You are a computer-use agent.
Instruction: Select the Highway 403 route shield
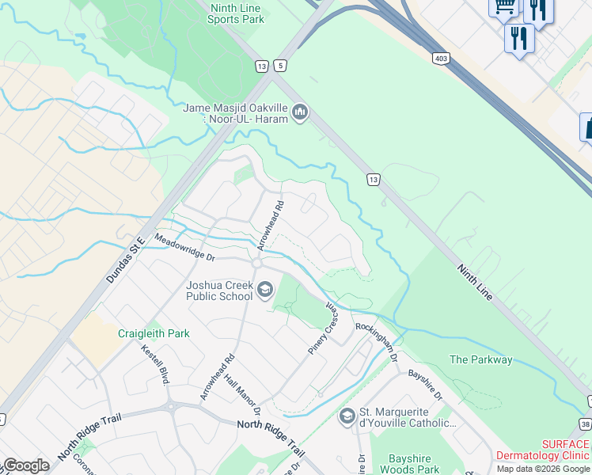coord(441,58)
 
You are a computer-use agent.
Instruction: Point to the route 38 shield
coord(586,424)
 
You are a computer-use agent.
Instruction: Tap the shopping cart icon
coord(503,7)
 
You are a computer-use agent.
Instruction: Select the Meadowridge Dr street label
coord(184,247)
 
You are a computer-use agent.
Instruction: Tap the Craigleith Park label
coord(154,333)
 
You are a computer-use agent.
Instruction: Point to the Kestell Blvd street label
coord(156,364)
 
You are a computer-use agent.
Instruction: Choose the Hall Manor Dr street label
coord(243,397)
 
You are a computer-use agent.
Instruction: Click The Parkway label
coord(480,359)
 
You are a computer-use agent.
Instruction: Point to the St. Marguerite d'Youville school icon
coord(346,416)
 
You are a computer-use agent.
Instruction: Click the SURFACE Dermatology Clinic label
coord(542,450)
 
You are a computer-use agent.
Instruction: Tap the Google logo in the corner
coord(26,465)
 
